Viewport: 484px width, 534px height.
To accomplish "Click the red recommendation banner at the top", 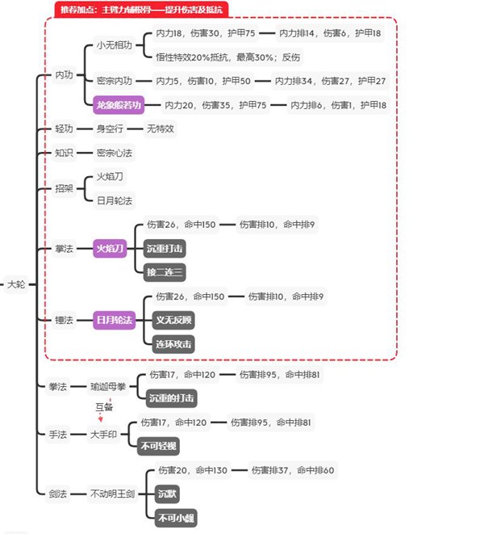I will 142,10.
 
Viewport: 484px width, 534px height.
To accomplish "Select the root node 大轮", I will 15,284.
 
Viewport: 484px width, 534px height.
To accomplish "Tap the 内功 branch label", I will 64,75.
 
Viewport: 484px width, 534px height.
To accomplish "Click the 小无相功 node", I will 114,45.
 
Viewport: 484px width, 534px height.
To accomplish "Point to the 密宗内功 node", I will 113,81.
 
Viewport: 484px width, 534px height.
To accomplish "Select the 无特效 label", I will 160,128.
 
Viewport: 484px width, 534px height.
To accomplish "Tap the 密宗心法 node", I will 114,152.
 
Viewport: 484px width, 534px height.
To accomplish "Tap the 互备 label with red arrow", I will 102,409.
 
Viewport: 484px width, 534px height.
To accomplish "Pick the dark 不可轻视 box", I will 161,444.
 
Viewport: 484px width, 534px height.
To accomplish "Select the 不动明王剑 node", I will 113,493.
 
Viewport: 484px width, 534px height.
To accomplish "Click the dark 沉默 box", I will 167,493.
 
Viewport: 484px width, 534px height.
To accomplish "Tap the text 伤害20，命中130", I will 193,470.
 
